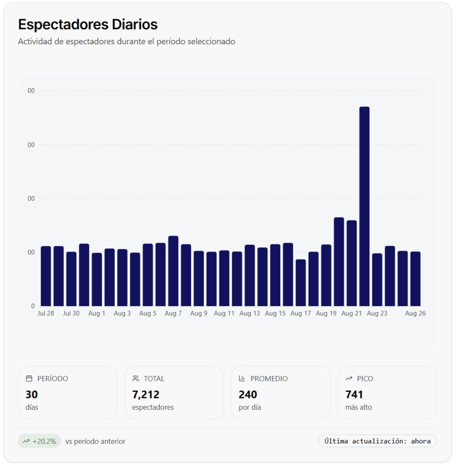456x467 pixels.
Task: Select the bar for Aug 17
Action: click(300, 283)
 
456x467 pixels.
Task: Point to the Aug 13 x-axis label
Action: click(249, 313)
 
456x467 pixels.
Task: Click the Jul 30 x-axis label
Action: click(71, 313)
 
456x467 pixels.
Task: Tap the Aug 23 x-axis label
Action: click(377, 313)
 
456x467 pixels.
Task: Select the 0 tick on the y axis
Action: click(33, 306)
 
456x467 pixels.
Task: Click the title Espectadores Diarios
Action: click(88, 24)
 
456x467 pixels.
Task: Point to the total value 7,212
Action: click(146, 394)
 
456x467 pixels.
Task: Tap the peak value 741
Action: click(354, 394)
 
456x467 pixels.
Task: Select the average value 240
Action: click(248, 394)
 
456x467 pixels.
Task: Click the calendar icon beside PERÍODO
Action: click(29, 379)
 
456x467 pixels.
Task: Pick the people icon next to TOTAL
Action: click(136, 379)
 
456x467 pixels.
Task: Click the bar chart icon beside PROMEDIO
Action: click(242, 379)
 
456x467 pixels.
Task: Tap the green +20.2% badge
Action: click(39, 441)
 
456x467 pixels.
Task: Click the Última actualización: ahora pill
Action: click(377, 441)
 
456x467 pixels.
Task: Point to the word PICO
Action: click(365, 379)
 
